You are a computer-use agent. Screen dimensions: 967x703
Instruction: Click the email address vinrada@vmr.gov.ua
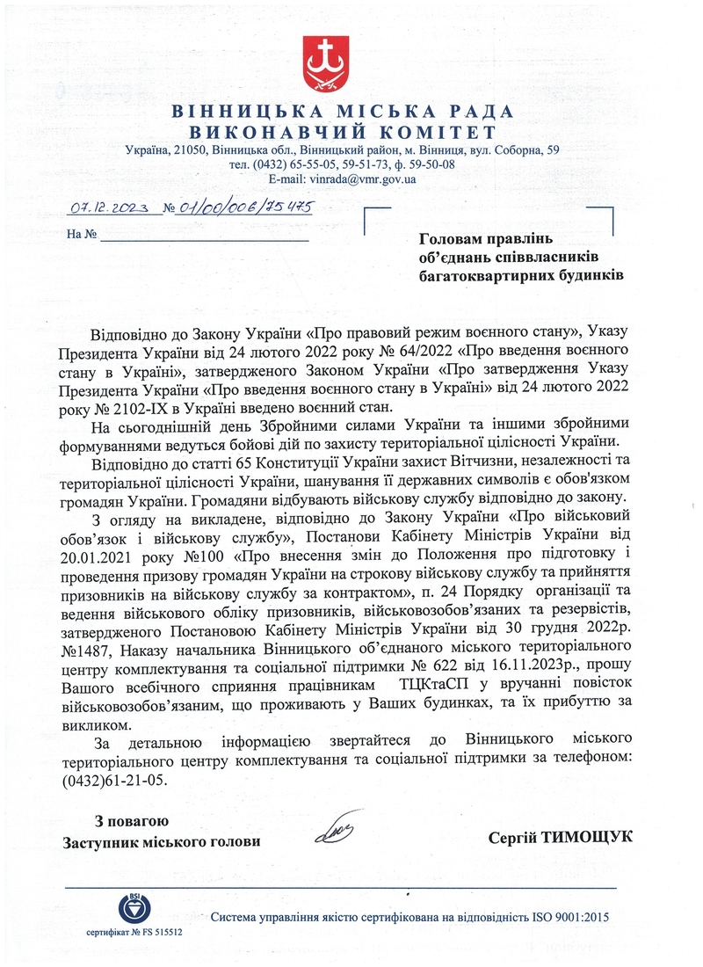(364, 178)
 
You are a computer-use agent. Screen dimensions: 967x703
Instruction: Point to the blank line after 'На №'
(204, 236)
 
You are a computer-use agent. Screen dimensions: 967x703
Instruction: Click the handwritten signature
(337, 830)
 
